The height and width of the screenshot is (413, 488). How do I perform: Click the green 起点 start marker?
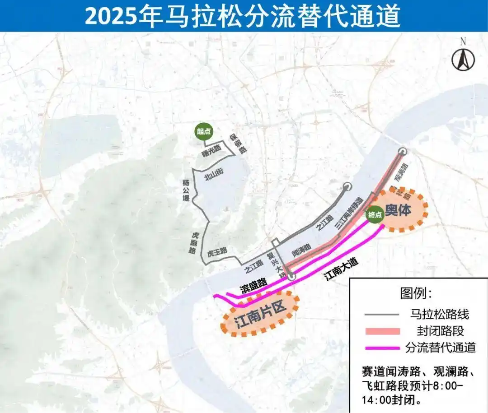(203, 132)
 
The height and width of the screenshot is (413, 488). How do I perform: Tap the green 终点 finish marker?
(375, 215)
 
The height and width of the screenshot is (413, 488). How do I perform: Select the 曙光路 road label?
(211, 151)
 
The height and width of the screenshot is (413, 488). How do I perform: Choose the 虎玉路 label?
(217, 251)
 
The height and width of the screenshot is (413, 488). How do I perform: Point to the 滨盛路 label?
(253, 285)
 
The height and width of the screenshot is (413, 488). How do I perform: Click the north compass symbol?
(463, 59)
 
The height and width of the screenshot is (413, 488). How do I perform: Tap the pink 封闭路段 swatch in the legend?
(380, 331)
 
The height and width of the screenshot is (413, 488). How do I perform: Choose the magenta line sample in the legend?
(380, 348)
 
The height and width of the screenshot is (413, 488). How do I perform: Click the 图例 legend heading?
(416, 293)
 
